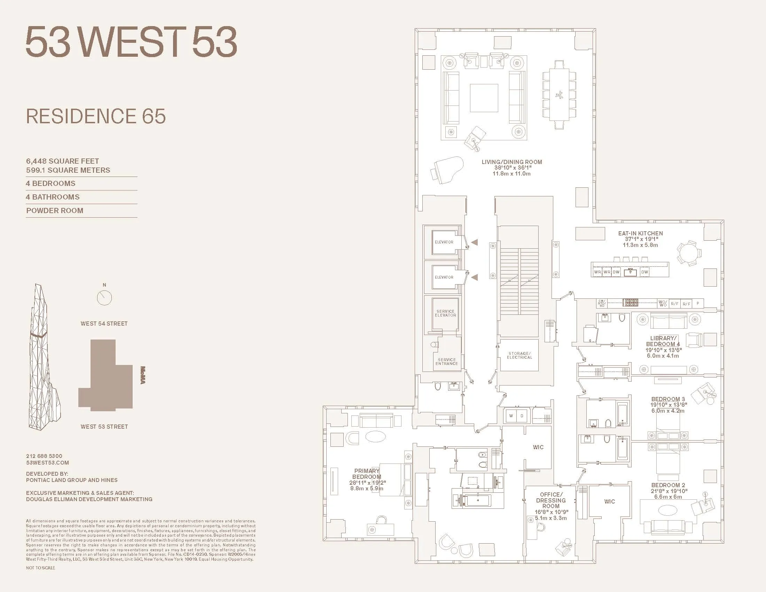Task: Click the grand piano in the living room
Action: tap(447, 170)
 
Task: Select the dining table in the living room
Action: tap(560, 95)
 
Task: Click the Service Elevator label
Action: tap(445, 313)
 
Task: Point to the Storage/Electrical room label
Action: tap(519, 355)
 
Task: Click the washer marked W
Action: tap(511, 416)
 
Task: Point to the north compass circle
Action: tap(104, 298)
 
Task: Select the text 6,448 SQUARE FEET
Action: tap(62, 161)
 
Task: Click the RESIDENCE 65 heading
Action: tap(96, 116)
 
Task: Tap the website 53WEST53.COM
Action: tap(47, 462)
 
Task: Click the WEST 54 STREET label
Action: tap(104, 324)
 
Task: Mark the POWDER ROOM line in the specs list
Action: tap(55, 210)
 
